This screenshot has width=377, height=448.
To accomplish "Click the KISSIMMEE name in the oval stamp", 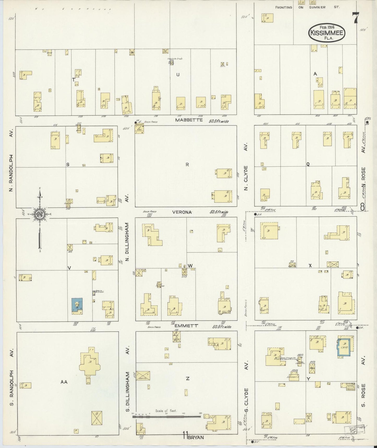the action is pos(327,33).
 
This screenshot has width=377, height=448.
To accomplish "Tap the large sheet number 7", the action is pos(356,18).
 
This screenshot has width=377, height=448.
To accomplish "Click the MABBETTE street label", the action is pos(189,120).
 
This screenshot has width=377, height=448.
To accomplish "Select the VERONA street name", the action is pos(182,212).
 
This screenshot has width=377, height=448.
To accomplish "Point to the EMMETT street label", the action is pos(186,326).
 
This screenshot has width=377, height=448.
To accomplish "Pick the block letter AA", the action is pos(64,382).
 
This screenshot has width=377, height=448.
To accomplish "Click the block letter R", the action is pos(187,165).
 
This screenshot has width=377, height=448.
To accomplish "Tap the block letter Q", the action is pos(308,164).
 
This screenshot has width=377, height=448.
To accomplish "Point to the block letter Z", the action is pos(187,378).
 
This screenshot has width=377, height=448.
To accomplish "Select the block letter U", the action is pos(178,75).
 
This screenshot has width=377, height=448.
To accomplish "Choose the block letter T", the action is pos(74,80).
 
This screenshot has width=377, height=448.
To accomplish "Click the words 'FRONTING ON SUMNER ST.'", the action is pos(307,7).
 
